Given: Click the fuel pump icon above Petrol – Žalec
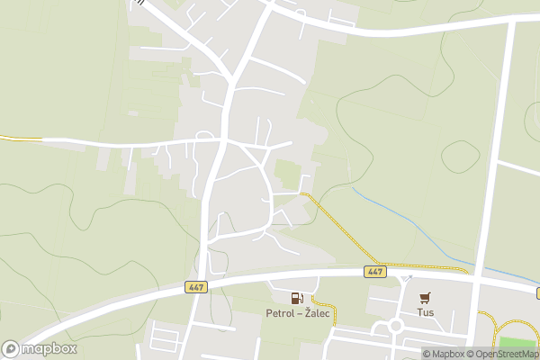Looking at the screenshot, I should [x=295, y=298].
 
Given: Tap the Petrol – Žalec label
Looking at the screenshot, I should [x=295, y=314].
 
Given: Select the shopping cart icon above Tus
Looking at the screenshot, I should [x=425, y=298].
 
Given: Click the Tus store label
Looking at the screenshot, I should [x=425, y=314].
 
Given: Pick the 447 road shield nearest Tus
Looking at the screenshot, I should [x=374, y=271].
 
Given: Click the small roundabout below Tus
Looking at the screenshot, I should [x=396, y=326].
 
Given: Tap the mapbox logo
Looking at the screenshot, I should [x=40, y=348].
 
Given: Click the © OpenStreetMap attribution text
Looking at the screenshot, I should [x=499, y=354].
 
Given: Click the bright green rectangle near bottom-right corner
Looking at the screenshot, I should [x=517, y=343].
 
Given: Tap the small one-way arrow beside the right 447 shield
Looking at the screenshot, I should [x=406, y=279].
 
